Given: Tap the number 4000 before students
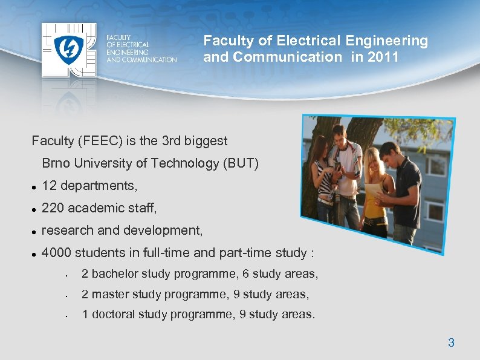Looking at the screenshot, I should point(57,253).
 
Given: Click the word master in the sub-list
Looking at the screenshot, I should point(112,295).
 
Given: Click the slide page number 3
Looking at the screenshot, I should point(451,343).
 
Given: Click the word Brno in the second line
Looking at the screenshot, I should point(55,163).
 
